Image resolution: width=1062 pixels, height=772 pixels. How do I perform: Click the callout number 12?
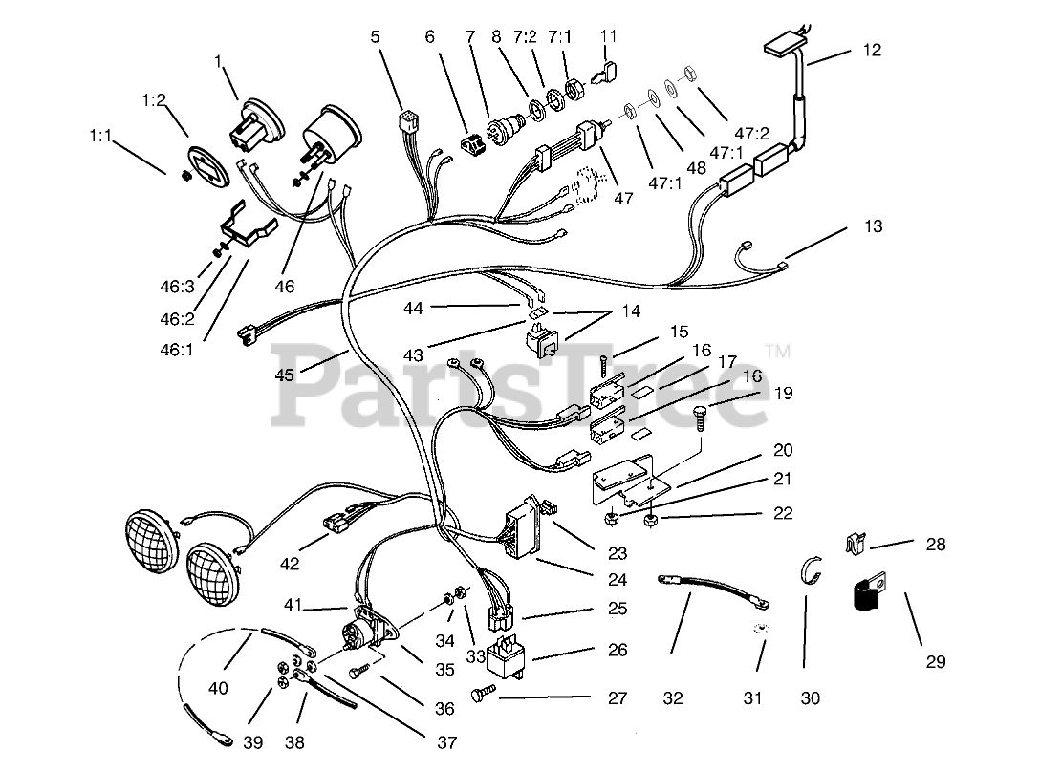(872, 50)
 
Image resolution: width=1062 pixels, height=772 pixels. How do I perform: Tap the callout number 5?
(375, 37)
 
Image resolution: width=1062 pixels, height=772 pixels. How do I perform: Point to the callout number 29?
(936, 660)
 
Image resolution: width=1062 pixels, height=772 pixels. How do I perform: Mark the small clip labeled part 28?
(856, 544)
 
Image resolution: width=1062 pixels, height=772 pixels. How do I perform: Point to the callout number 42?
(290, 566)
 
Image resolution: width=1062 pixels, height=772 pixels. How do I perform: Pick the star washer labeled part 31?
(760, 629)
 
